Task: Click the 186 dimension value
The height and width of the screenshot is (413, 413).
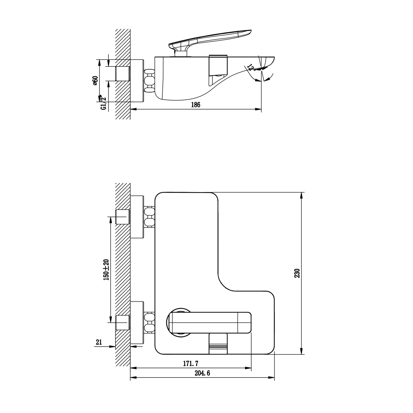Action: click(x=195, y=105)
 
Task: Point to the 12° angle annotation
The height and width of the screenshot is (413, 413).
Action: click(x=251, y=67)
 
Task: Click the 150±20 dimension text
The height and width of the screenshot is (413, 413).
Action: click(x=106, y=269)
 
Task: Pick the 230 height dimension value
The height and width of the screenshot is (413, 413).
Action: click(x=298, y=273)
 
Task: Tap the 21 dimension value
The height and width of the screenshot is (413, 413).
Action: click(x=99, y=342)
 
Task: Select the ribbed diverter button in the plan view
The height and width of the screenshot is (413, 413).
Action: click(x=218, y=343)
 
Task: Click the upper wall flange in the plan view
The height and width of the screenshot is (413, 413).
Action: click(x=137, y=217)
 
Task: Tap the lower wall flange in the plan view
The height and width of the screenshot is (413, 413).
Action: click(x=137, y=322)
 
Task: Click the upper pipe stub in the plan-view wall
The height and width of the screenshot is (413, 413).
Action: click(x=123, y=217)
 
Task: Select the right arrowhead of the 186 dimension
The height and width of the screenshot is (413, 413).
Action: click(x=258, y=109)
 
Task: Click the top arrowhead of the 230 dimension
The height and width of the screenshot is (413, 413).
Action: click(x=302, y=195)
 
